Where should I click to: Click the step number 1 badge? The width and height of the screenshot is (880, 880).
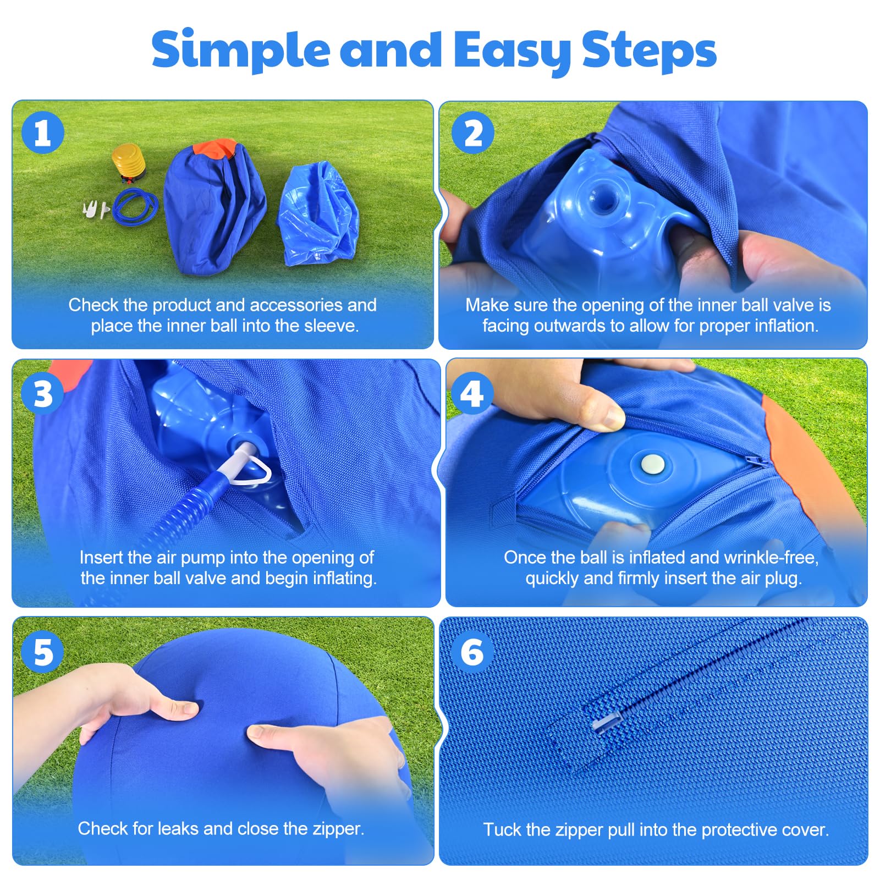(43, 133)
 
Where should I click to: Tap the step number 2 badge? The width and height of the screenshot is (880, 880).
(472, 133)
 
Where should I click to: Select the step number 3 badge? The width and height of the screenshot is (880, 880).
(43, 394)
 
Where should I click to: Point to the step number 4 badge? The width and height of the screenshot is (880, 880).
(472, 394)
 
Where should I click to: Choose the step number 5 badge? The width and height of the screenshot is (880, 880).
(43, 652)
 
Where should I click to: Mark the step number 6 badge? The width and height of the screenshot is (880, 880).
(472, 652)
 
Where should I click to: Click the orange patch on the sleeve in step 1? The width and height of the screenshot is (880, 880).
(215, 148)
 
